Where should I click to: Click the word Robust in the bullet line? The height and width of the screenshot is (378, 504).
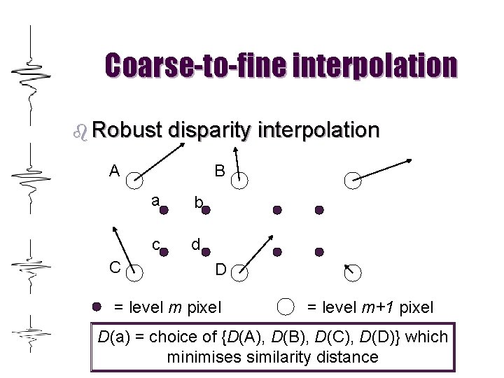[125, 130]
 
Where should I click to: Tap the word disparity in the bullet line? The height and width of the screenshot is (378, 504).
[207, 131]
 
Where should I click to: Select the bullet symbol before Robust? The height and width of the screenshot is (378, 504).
[80, 131]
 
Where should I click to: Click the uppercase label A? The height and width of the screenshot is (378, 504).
[114, 170]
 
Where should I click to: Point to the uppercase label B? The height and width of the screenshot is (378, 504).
[219, 170]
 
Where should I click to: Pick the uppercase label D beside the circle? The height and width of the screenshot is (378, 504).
[220, 268]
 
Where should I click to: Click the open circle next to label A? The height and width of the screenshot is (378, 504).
[134, 181]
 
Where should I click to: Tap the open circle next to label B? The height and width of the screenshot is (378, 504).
[240, 181]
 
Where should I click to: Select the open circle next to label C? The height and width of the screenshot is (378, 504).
[134, 273]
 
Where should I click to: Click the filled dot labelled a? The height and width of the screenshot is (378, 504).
[164, 209]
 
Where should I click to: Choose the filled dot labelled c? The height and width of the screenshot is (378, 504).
[164, 251]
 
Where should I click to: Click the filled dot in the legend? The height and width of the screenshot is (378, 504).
[99, 306]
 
